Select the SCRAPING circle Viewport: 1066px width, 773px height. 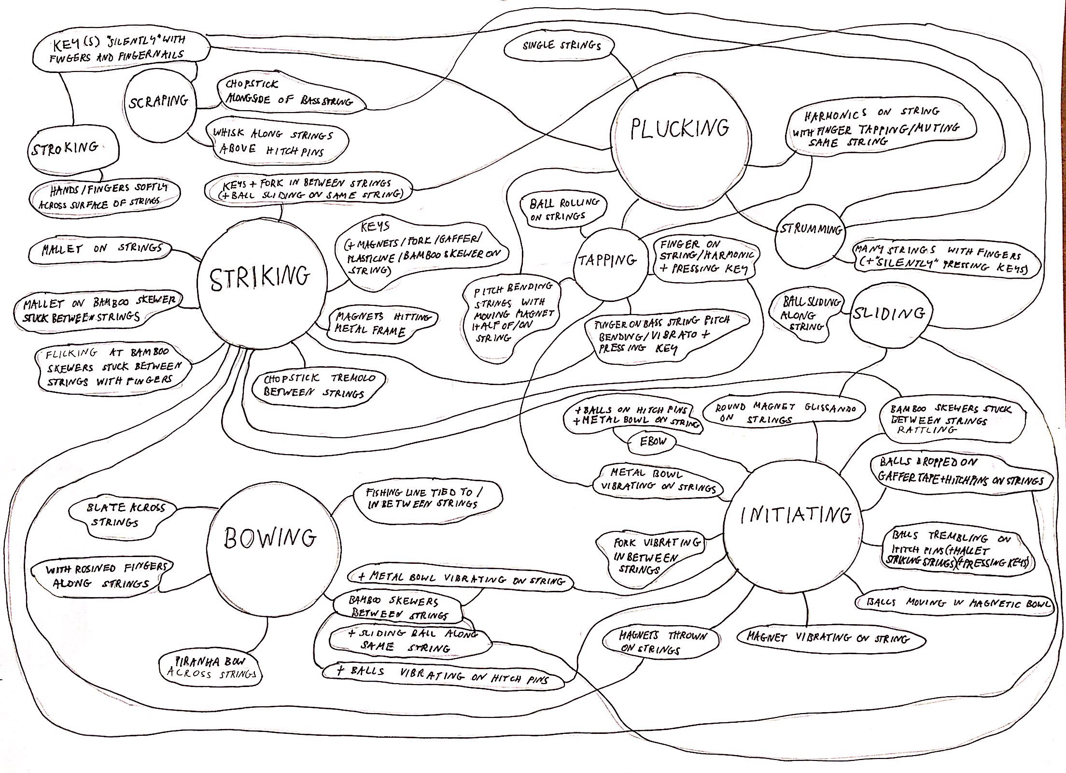coord(159,103)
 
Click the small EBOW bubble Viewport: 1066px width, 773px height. coord(653,441)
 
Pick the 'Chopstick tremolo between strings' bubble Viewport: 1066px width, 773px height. coord(319,386)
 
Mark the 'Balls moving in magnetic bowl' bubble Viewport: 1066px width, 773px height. coord(955,603)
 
